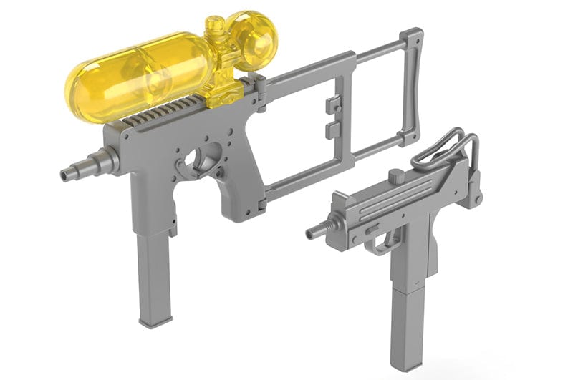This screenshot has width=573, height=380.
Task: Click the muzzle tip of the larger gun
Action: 67,174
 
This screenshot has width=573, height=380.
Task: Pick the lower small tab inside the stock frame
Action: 331,130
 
